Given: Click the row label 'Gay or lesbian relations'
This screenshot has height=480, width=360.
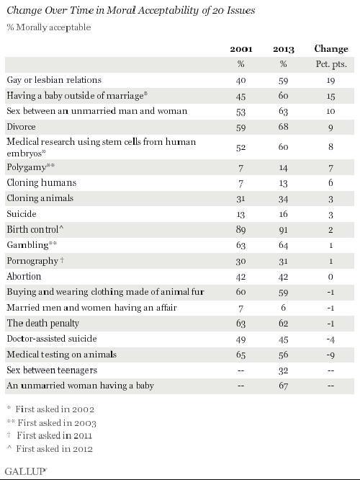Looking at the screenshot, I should (x=55, y=79).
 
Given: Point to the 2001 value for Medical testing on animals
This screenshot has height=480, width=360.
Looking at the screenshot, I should (x=240, y=355).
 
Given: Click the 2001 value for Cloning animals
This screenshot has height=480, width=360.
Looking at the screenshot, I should (x=240, y=199).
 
